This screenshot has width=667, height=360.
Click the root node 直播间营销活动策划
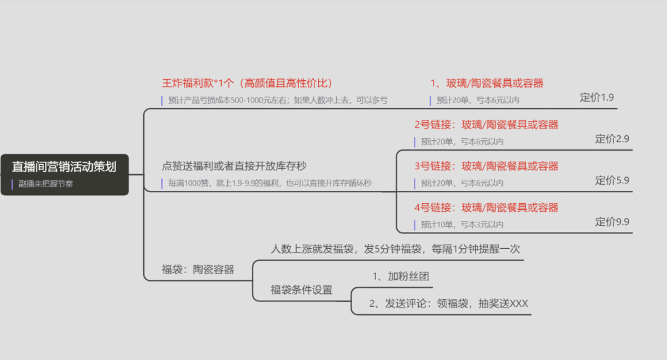pos(64,166)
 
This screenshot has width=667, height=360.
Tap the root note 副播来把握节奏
pos(46,184)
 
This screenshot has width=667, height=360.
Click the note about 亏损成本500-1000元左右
pos(278,100)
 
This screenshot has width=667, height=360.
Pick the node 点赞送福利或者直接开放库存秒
pos(234,165)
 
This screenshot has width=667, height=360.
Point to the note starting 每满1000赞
pos(270,183)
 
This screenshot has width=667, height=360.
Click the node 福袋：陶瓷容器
pos(198,269)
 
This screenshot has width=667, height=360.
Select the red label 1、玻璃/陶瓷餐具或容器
pos(487,83)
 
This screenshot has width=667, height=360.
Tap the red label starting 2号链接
pos(486,124)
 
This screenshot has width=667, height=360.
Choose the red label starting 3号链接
pos(486,165)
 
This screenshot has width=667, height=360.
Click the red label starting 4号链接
pos(486,207)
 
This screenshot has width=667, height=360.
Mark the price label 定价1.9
pos(597,98)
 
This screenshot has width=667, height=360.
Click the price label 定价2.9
pos(612,139)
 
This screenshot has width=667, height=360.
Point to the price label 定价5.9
pos(612,180)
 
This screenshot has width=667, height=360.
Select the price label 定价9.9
pos(612,222)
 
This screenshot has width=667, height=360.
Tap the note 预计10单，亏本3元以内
pos(462,224)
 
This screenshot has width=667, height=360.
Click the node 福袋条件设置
pos(301,290)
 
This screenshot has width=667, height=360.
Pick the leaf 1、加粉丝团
pos(401,276)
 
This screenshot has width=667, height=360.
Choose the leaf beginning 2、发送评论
pos(448,303)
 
